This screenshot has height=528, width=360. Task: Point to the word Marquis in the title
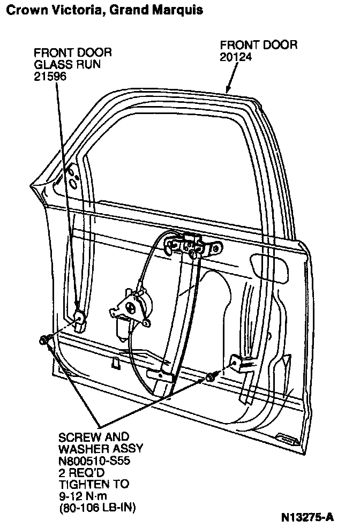[179, 10]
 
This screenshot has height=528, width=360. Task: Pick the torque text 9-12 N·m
[87, 495]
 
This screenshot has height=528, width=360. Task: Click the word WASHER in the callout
[80, 448]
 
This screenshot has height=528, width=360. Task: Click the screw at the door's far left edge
[43, 340]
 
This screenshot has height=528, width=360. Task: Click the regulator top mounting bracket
[192, 245]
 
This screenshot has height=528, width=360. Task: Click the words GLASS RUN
[67, 65]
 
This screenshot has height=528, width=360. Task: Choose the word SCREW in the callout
[77, 436]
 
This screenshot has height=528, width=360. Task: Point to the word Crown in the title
[21, 10]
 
